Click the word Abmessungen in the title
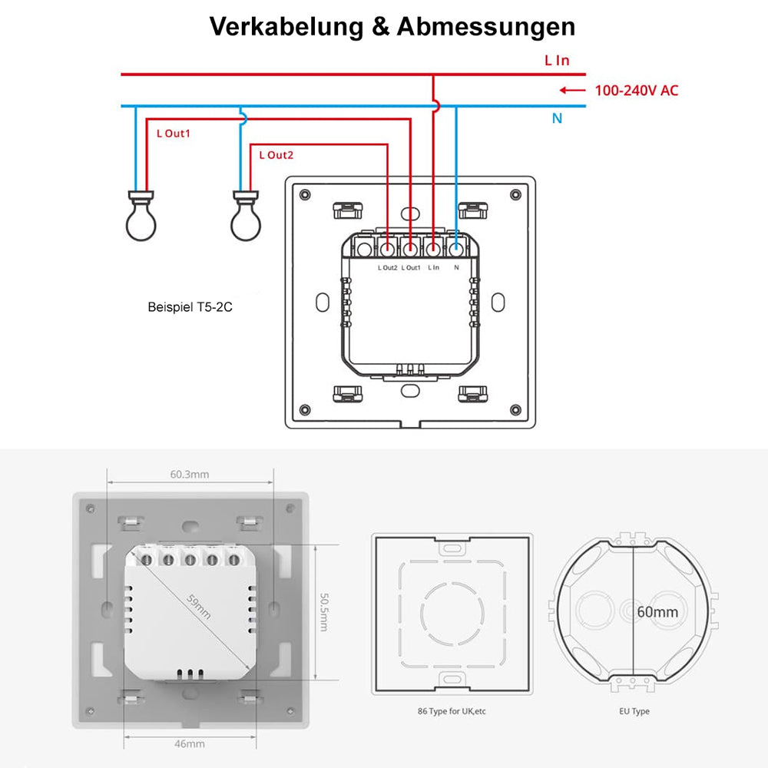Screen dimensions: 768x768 click(x=486, y=27)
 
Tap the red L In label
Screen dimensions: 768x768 click(x=557, y=60)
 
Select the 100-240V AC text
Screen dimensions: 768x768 click(x=637, y=91)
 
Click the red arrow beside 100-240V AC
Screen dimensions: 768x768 click(x=572, y=91)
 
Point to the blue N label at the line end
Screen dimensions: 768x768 click(x=558, y=119)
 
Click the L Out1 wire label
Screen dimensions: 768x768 click(x=173, y=133)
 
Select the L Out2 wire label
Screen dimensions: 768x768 click(x=276, y=155)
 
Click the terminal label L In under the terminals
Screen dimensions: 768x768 click(x=433, y=267)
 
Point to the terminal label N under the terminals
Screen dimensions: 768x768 click(x=457, y=267)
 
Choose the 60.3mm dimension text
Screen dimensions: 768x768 click(x=190, y=474)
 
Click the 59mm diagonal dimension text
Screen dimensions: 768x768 click(x=199, y=607)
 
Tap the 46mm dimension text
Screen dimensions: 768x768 click(x=190, y=743)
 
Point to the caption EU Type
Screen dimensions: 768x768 click(x=634, y=711)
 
